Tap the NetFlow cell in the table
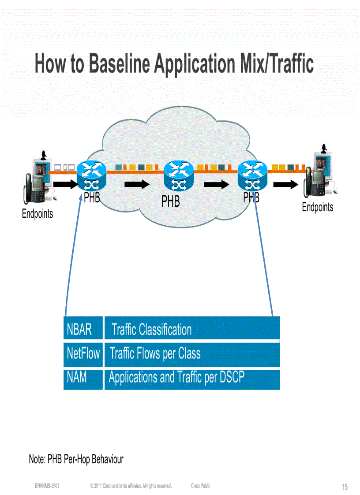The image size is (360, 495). (83, 353)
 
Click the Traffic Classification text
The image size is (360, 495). (151, 329)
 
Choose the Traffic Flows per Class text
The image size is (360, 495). (155, 354)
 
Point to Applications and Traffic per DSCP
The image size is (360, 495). (176, 378)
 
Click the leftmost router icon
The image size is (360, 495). (91, 175)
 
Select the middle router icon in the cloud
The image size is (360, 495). (179, 175)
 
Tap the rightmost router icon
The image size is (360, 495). (252, 175)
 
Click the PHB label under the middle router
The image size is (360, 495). (170, 201)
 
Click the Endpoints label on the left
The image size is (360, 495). (37, 214)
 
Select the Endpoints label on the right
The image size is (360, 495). (317, 207)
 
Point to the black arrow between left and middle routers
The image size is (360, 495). (137, 184)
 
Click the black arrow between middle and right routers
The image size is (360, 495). (216, 184)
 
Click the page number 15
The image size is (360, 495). (345, 487)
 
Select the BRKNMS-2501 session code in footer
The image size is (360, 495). (47, 486)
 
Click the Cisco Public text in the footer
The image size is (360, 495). (201, 486)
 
